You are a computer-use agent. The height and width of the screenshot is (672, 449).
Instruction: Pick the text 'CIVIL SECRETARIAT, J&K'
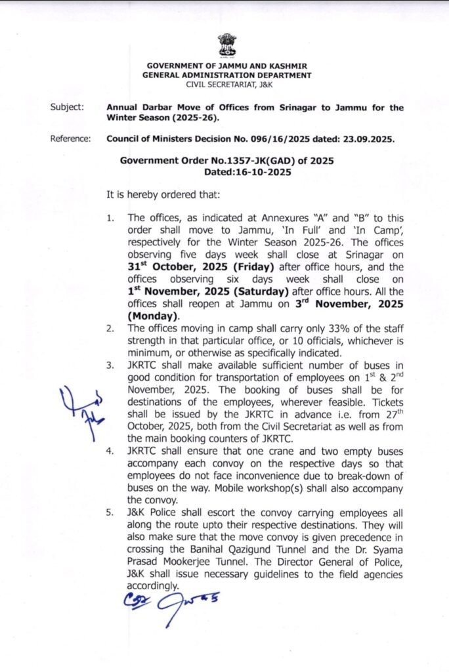pos(228,85)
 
